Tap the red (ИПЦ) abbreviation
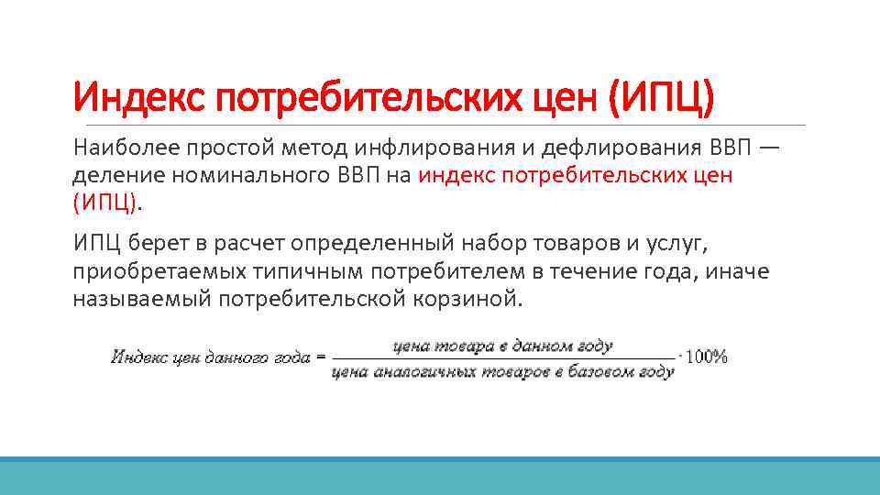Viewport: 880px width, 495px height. pyautogui.click(x=106, y=203)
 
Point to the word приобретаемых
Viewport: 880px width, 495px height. pyautogui.click(x=141, y=272)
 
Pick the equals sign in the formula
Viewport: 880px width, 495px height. pyautogui.click(x=320, y=357)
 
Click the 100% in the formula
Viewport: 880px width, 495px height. pyautogui.click(x=707, y=357)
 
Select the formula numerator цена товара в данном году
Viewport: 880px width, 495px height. pyautogui.click(x=502, y=346)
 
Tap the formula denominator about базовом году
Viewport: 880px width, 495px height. pyautogui.click(x=502, y=372)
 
